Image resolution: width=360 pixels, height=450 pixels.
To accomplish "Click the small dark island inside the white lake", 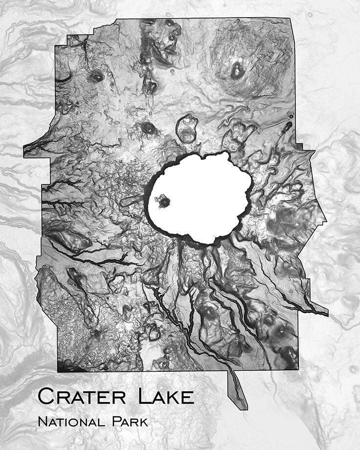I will point(162,200).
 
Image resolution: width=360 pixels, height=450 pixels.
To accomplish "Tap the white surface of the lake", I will point(205,196).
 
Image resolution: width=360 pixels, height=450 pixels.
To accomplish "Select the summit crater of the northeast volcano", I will point(238,70).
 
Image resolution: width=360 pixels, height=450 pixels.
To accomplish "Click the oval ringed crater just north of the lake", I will point(187,129).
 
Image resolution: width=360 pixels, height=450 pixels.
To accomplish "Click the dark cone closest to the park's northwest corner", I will point(96,76).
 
